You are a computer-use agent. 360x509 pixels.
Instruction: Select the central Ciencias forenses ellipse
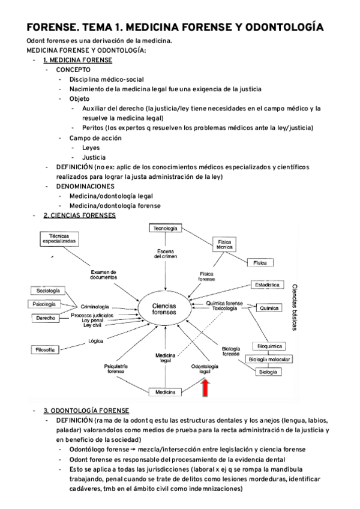163,309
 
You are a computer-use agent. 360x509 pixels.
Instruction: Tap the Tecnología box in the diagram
165,229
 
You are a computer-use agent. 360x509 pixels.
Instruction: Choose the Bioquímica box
269,346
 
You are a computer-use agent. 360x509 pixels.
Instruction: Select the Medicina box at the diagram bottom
165,392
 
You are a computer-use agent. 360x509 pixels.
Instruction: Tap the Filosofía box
46,349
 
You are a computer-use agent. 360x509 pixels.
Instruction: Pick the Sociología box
46,291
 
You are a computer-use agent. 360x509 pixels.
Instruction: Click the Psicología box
46,304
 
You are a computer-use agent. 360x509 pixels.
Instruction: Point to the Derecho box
46,318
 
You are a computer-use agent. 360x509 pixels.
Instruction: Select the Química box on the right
268,308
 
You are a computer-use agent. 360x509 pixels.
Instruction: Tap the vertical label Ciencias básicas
296,307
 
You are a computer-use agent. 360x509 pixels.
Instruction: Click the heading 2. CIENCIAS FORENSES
80,215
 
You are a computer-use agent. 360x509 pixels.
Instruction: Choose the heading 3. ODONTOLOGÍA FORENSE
86,411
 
